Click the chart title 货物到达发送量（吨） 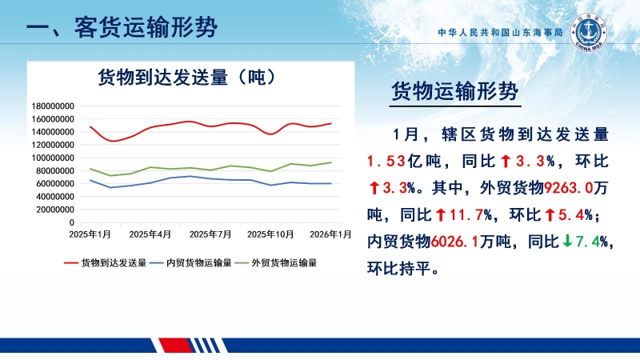click(187, 78)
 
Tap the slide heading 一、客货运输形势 click(121, 28)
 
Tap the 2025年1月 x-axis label click(90, 234)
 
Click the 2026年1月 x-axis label click(330, 234)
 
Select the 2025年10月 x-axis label click(270, 234)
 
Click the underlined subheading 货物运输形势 click(454, 92)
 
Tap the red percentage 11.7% click(470, 215)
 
